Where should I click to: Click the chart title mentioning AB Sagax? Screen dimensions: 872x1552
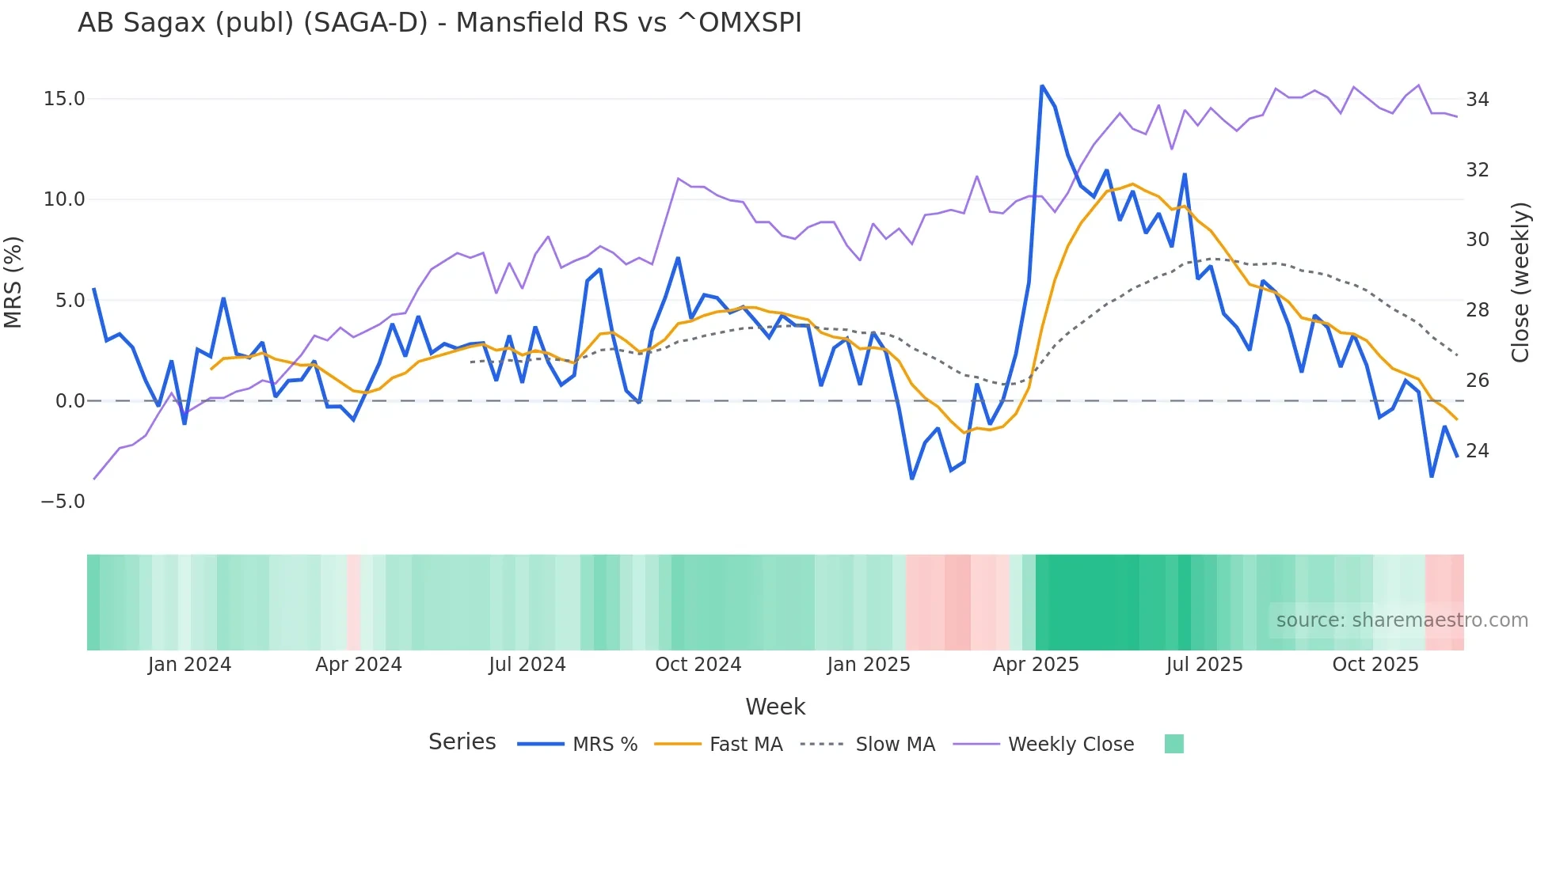(439, 23)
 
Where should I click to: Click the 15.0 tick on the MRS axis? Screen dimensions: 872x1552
(64, 99)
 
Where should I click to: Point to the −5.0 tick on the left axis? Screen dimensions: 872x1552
(63, 502)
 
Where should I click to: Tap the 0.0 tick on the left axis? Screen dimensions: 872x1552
(70, 401)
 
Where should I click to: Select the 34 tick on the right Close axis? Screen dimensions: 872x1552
(1477, 100)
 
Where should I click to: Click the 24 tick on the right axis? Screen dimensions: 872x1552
(1477, 451)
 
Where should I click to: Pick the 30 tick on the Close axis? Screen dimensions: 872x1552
(1477, 240)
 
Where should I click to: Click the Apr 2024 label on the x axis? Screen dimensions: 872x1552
(358, 665)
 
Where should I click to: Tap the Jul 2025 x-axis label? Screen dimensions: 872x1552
(1204, 665)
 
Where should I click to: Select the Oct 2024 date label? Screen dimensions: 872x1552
(698, 665)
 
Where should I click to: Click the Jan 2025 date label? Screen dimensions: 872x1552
(868, 665)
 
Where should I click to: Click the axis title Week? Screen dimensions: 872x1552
(775, 707)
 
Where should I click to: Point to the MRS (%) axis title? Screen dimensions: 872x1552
(13, 282)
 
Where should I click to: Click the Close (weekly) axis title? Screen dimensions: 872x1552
(1520, 282)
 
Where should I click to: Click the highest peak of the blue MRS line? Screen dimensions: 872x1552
(1042, 86)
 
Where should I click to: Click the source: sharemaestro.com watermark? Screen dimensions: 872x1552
(1402, 620)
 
